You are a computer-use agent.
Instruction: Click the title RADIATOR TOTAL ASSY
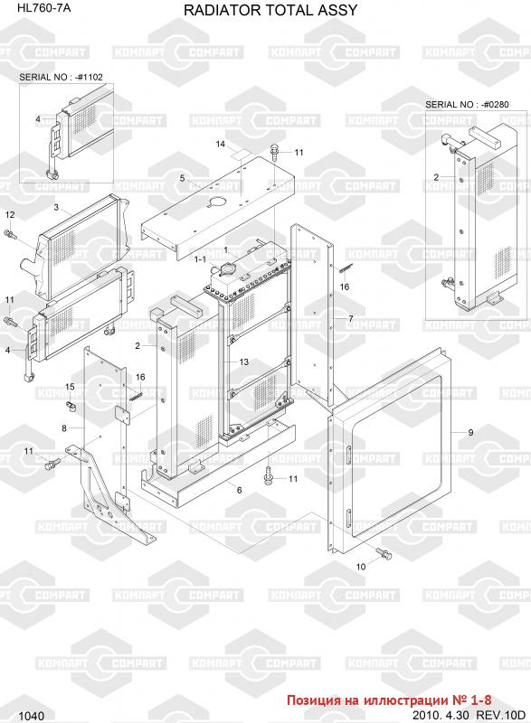270,10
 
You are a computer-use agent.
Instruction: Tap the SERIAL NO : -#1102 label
61,77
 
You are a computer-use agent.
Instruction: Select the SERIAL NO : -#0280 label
467,105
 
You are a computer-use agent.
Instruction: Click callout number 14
221,144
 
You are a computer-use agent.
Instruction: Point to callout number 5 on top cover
182,178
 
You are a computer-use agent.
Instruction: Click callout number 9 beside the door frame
470,433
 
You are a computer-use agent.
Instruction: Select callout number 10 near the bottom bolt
361,567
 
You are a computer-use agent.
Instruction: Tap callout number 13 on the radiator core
244,362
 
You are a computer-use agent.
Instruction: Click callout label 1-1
200,259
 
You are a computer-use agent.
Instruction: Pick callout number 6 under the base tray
239,490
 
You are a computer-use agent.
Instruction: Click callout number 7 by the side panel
351,319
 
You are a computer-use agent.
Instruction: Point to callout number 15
70,387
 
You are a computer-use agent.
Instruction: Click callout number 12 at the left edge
10,214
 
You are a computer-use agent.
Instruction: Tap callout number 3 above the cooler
56,208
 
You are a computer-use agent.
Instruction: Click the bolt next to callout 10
384,553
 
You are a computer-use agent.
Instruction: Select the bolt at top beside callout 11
275,152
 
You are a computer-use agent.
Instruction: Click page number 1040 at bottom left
32,716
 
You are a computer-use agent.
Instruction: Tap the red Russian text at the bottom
389,700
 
